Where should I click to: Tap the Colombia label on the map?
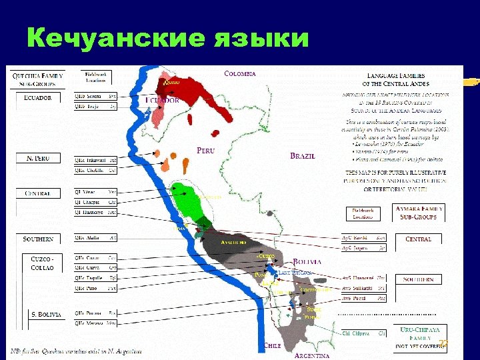(239, 73)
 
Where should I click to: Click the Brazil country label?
(302, 156)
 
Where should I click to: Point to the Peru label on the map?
(205, 151)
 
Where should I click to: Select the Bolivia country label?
(307, 262)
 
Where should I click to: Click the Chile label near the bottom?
(271, 345)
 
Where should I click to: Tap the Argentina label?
(311, 355)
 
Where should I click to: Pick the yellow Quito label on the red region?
(171, 82)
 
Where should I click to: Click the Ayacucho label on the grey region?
(235, 243)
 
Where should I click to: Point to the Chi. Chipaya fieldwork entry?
(363, 332)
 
